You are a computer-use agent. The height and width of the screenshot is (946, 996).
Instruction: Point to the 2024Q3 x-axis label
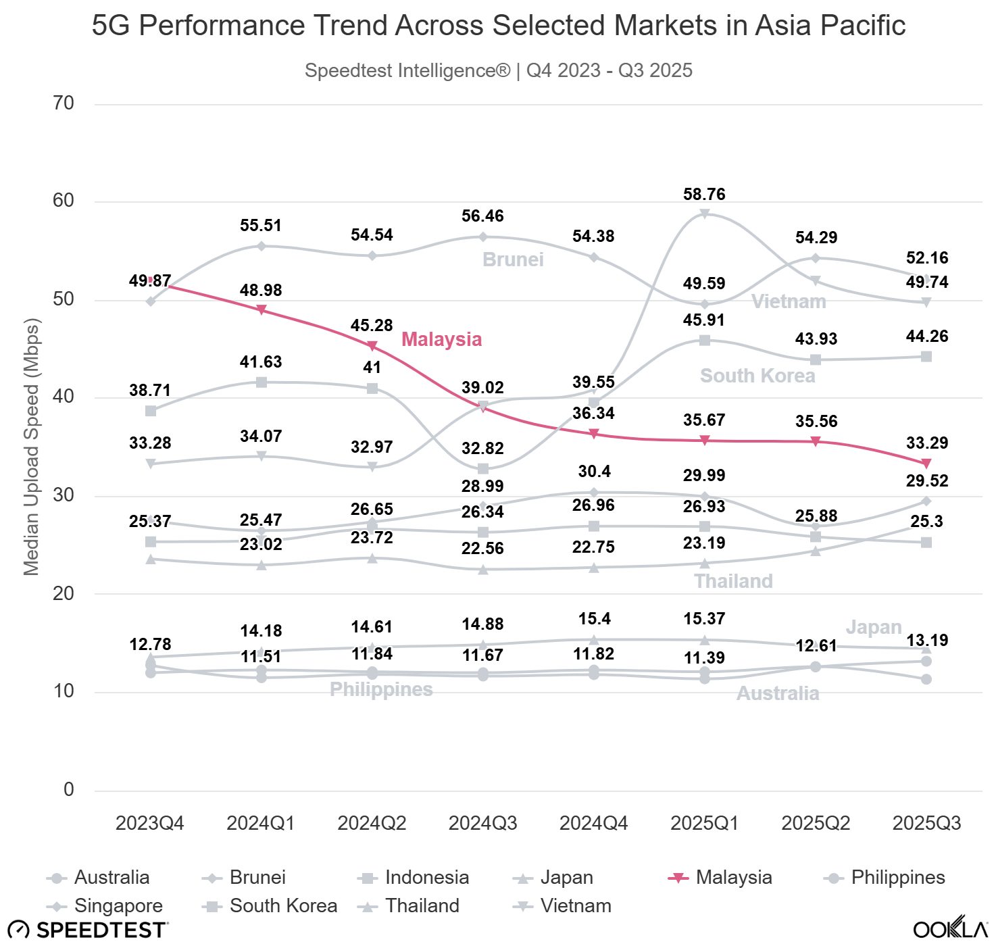pyautogui.click(x=482, y=823)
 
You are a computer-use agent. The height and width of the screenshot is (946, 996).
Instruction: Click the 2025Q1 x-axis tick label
pyautogui.click(x=704, y=823)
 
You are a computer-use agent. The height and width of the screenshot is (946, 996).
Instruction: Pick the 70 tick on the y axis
pyautogui.click(x=64, y=103)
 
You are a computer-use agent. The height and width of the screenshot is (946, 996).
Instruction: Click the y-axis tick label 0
pyautogui.click(x=69, y=789)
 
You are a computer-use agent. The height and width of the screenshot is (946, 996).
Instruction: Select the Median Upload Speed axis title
pyautogui.click(x=32, y=447)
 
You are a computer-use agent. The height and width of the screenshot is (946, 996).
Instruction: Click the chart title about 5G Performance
pyautogui.click(x=498, y=26)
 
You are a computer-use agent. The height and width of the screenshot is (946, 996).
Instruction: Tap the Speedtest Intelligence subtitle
pyautogui.click(x=498, y=70)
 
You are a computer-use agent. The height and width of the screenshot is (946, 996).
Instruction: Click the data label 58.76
pyautogui.click(x=704, y=195)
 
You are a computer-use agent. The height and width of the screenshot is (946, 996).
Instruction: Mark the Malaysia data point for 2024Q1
pyautogui.click(x=262, y=310)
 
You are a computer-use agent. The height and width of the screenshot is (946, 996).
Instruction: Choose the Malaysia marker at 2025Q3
pyautogui.click(x=926, y=464)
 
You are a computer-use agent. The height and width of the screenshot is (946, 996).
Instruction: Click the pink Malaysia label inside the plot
pyautogui.click(x=441, y=339)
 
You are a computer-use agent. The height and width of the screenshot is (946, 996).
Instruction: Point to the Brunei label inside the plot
pyautogui.click(x=513, y=259)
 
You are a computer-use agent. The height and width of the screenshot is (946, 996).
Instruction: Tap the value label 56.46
pyautogui.click(x=482, y=216)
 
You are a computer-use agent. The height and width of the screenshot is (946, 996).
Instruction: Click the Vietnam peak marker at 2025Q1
pyautogui.click(x=704, y=214)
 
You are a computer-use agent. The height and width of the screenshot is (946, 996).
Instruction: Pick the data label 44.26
pyautogui.click(x=926, y=337)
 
